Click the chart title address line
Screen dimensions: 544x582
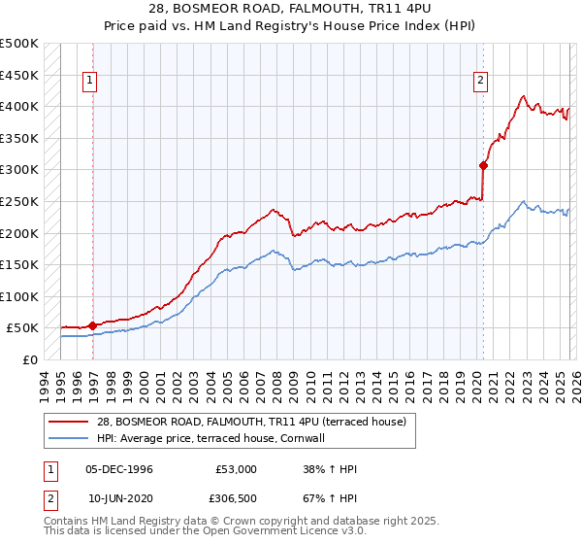point(291,9)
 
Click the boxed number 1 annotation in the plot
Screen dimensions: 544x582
point(88,81)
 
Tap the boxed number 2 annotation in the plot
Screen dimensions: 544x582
point(480,81)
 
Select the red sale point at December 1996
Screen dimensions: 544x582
point(93,325)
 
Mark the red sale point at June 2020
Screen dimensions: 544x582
point(483,165)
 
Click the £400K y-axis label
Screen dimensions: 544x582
point(19,106)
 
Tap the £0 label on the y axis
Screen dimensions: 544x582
point(29,359)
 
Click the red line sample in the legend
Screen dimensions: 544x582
point(69,422)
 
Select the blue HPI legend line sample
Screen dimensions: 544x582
point(69,438)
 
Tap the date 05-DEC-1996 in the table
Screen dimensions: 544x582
point(119,469)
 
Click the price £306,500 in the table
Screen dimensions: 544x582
point(237,497)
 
